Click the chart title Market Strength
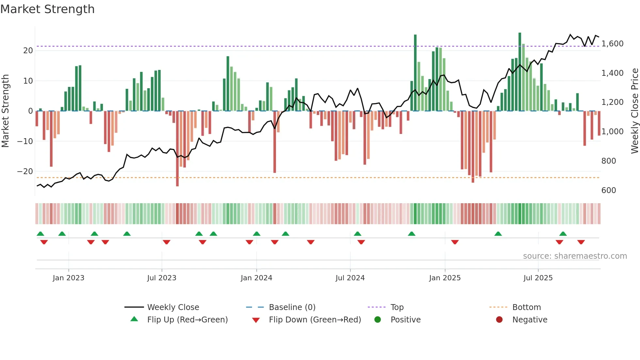47,9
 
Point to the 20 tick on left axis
28,51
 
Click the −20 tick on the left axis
25,172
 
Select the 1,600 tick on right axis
612,44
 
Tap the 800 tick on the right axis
608,161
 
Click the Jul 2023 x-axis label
162,278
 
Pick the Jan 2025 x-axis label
445,278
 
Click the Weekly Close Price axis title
634,111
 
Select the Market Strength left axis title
6,111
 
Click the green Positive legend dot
378,320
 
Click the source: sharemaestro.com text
575,256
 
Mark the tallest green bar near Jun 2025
520,72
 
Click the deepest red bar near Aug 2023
177,149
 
